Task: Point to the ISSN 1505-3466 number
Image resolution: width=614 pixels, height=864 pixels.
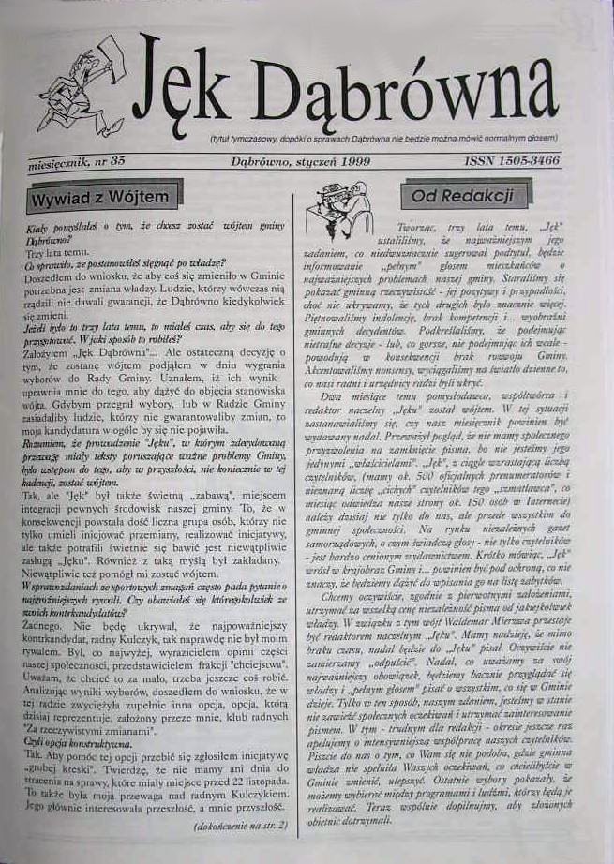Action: pyautogui.click(x=512, y=161)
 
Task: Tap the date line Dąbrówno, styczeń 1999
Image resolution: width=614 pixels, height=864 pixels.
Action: pyautogui.click(x=301, y=161)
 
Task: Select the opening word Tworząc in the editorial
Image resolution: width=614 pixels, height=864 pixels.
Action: pyautogui.click(x=414, y=228)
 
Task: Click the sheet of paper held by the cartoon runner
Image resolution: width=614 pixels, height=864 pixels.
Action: pyautogui.click(x=110, y=52)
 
